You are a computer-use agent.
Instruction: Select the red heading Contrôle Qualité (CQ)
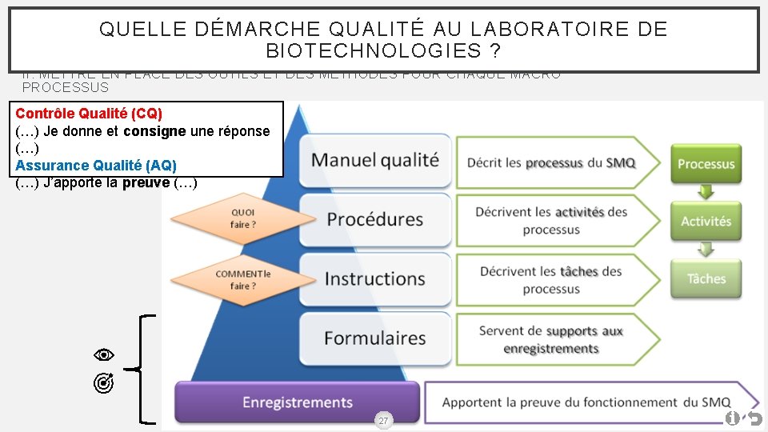click(89, 114)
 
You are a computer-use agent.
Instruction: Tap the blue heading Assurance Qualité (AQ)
click(96, 166)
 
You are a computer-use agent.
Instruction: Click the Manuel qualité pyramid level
click(374, 160)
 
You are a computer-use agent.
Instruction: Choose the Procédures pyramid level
click(374, 219)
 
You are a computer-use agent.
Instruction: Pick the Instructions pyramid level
click(374, 279)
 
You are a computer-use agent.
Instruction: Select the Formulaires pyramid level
click(374, 338)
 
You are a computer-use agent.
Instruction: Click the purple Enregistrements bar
click(297, 402)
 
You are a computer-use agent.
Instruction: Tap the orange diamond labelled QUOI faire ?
click(242, 218)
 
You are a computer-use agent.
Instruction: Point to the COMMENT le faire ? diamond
click(242, 280)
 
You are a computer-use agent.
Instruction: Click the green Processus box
click(706, 164)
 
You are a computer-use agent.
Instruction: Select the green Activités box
click(706, 222)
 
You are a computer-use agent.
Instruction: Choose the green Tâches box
click(706, 279)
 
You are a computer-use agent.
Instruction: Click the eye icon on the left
click(103, 354)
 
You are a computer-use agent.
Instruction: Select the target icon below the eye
click(103, 385)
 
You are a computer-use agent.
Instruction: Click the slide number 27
click(383, 421)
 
